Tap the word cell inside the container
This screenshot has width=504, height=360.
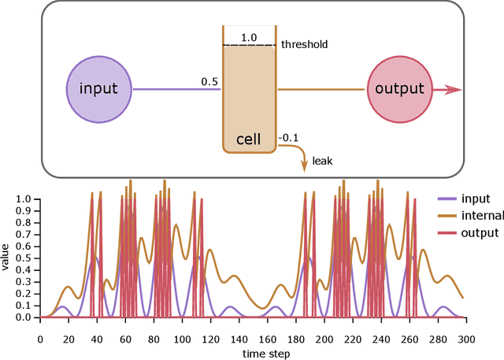(x=249, y=140)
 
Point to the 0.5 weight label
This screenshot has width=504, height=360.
(x=209, y=82)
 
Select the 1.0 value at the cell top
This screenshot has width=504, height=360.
(x=249, y=38)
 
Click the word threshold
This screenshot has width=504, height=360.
(x=304, y=45)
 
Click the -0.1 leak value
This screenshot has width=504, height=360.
(x=289, y=138)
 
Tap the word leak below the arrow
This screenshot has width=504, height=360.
(x=323, y=161)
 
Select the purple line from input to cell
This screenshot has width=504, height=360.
(x=176, y=90)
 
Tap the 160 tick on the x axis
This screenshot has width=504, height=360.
(x=269, y=339)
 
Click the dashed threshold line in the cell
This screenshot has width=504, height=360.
(x=249, y=45)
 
